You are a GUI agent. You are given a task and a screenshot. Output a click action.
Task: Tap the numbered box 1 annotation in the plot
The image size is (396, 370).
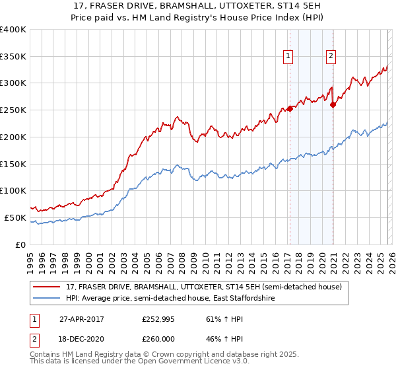coord(289,57)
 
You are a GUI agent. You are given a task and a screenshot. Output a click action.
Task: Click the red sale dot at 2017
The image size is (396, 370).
coord(290,109)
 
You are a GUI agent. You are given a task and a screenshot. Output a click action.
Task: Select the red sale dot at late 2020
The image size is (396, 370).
coord(333,104)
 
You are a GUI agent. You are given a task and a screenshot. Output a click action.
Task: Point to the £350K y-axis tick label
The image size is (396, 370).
coord(13,56)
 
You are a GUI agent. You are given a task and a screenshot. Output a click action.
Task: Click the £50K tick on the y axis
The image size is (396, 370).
coord(16,217)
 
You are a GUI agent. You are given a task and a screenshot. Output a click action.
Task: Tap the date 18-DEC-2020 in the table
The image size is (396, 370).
coord(82,340)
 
